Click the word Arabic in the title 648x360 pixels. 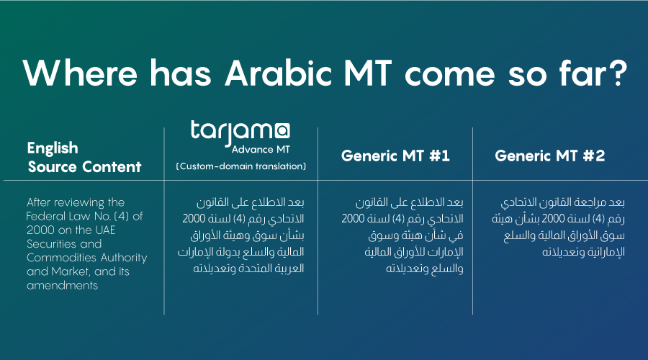tap(278, 73)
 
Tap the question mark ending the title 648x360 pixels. tap(618, 73)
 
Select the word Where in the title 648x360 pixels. tap(80, 73)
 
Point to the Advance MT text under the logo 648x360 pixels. tap(261, 150)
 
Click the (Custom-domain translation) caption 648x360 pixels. tap(241, 166)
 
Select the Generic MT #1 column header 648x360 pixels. tap(395, 156)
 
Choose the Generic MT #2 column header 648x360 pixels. tap(549, 156)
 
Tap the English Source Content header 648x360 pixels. tap(84, 158)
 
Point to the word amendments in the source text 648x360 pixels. tap(63, 285)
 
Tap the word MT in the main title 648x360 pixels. tap(368, 73)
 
